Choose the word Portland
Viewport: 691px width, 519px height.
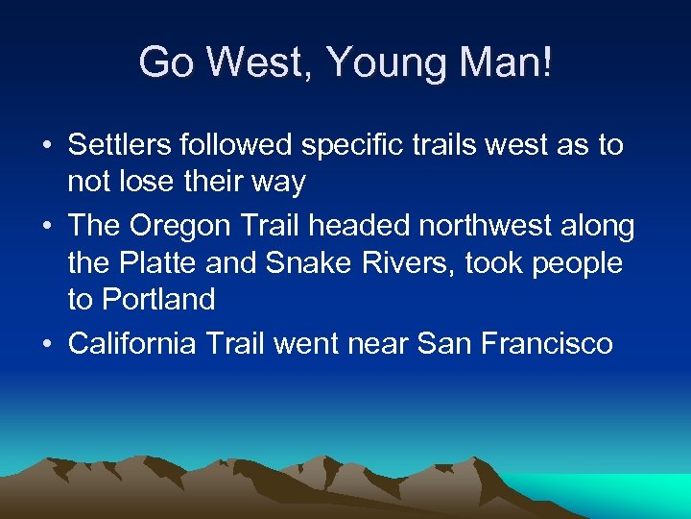[141, 299]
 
